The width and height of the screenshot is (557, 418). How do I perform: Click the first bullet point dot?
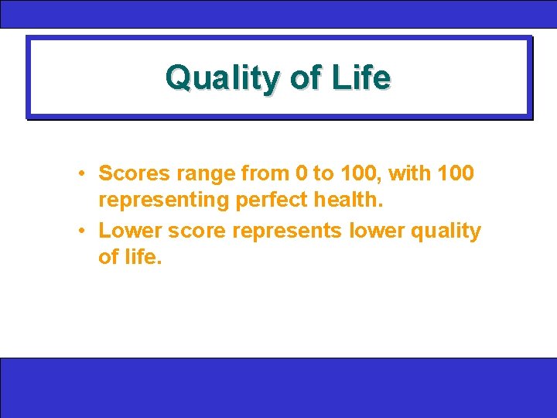point(81,173)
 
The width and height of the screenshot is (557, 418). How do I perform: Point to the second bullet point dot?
point(81,231)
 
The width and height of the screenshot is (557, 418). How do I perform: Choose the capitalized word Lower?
point(128,231)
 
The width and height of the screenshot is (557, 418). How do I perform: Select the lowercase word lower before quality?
point(375,231)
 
